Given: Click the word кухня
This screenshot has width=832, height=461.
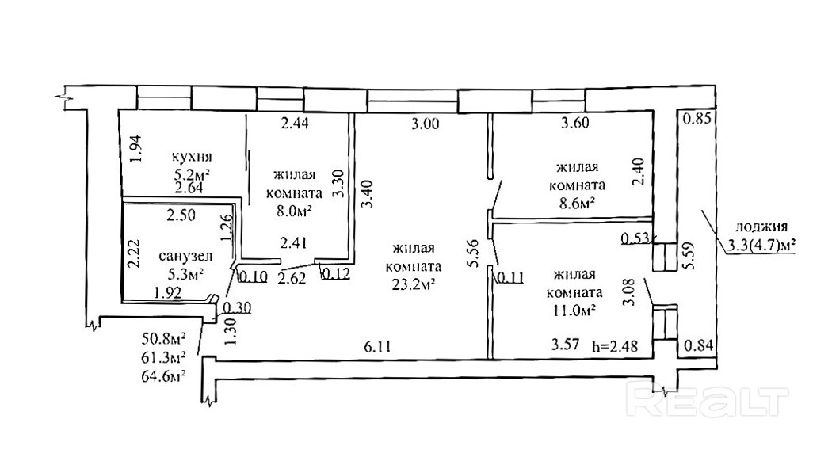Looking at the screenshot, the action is [x=192, y=157].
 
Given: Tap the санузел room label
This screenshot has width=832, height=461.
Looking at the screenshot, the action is [x=185, y=256].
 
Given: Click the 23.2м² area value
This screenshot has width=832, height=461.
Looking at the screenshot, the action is [x=414, y=284].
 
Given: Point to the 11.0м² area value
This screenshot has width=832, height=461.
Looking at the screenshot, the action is [x=574, y=311].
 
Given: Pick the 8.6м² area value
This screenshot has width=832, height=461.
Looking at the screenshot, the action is [x=577, y=203].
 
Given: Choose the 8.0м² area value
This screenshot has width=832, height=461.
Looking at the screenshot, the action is [x=293, y=211].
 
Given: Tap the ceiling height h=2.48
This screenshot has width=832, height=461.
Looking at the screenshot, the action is [x=614, y=346].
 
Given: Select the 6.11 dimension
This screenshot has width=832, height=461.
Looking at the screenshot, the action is [x=377, y=347].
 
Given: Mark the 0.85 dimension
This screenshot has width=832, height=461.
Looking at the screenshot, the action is [x=697, y=118].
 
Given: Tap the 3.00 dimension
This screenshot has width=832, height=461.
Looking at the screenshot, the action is [x=426, y=124].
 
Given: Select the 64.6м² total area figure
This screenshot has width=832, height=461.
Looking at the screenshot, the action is [x=163, y=376].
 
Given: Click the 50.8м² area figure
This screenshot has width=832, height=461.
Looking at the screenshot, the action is [x=163, y=338].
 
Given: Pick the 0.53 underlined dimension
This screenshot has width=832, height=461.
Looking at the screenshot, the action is [x=635, y=238].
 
